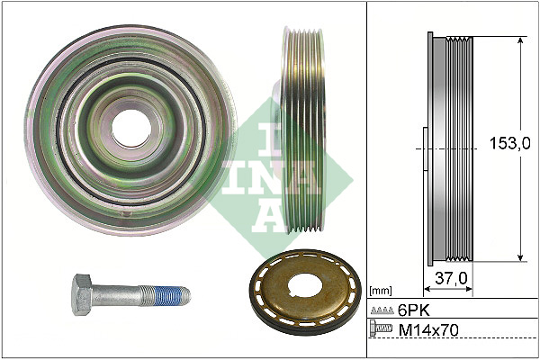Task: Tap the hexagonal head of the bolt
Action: click(83, 293)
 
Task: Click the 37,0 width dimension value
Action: click(451, 278)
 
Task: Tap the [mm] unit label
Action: click(382, 291)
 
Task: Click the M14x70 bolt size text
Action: click(428, 330)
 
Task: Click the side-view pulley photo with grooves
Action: click(301, 130)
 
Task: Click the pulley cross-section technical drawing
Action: click(450, 148)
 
